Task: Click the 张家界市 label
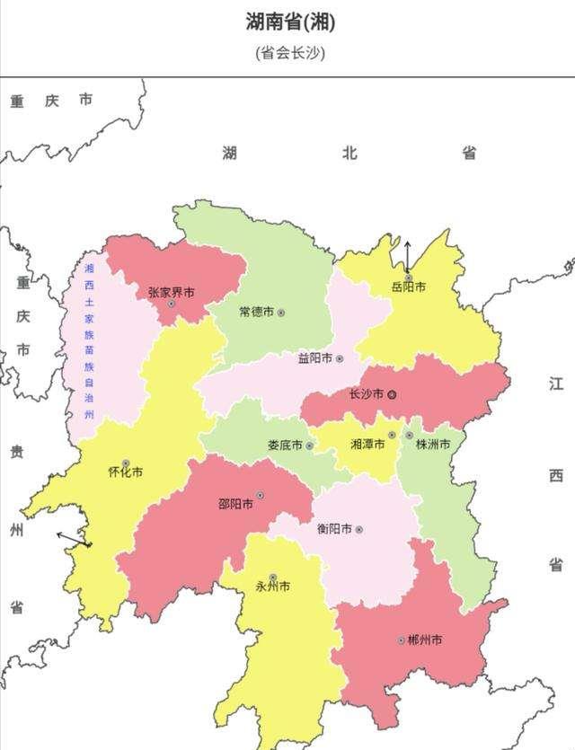[171, 292]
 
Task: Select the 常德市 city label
[256, 313]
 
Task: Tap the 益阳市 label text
[314, 358]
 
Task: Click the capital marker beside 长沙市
[392, 394]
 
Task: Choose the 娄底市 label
[285, 446]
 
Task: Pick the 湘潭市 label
[367, 444]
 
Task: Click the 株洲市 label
[433, 444]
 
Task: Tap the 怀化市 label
[125, 472]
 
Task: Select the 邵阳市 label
[235, 504]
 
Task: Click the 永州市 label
[272, 587]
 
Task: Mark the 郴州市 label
[424, 640]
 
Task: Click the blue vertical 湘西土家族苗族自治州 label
[89, 341]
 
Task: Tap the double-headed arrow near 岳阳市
[406, 257]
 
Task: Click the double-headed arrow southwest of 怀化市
[74, 539]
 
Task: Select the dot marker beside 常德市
[281, 313]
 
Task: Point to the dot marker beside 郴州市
[401, 640]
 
